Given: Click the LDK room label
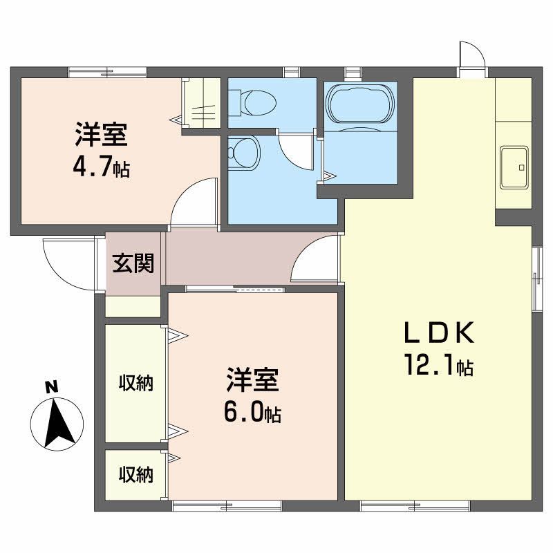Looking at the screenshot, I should (x=438, y=334).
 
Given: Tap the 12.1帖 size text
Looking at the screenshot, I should (x=439, y=365).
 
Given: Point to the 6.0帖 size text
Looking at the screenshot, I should (x=252, y=412).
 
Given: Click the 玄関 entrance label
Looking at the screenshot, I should (x=133, y=263).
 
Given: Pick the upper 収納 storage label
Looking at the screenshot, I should (x=135, y=382).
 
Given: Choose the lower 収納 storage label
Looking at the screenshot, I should (x=135, y=475).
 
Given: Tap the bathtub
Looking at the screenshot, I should (x=360, y=104).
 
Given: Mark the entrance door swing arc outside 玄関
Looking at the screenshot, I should (x=61, y=256).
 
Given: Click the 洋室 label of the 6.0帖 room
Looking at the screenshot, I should (x=252, y=381).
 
